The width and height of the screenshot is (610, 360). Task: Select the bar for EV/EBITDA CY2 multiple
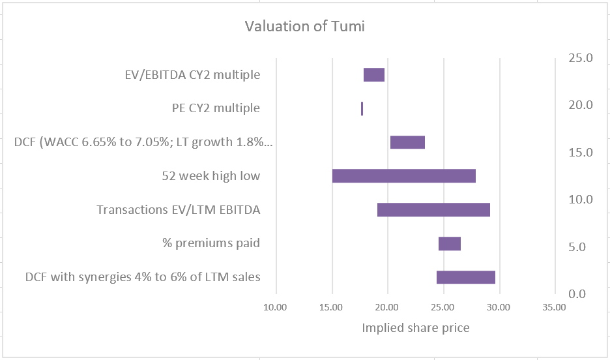point(374,74)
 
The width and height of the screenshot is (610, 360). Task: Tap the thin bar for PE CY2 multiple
point(362,108)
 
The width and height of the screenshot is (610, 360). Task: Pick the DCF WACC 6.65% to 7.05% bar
point(407,142)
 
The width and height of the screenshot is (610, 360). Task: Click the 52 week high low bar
point(404,176)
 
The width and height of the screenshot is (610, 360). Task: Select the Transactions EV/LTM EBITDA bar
point(433,210)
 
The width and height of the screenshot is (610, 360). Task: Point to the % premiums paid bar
point(450,244)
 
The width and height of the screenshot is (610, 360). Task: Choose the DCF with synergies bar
point(466,277)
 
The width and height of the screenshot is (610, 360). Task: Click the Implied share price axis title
point(415,328)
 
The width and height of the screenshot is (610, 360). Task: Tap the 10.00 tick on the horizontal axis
point(276,307)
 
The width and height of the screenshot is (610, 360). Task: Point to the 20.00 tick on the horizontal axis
point(388,307)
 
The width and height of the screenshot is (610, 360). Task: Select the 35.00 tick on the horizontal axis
point(555,307)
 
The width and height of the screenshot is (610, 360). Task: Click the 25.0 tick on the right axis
point(581,58)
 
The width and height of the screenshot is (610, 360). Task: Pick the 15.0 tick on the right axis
point(581,153)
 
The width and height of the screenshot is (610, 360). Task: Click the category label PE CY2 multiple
point(211,108)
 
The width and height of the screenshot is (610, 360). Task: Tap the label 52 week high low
point(211,176)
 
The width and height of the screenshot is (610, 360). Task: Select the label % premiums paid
point(211,244)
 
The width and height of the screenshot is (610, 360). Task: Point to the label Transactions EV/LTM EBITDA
point(178,210)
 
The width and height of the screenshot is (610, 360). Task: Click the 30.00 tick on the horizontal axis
point(499,307)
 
